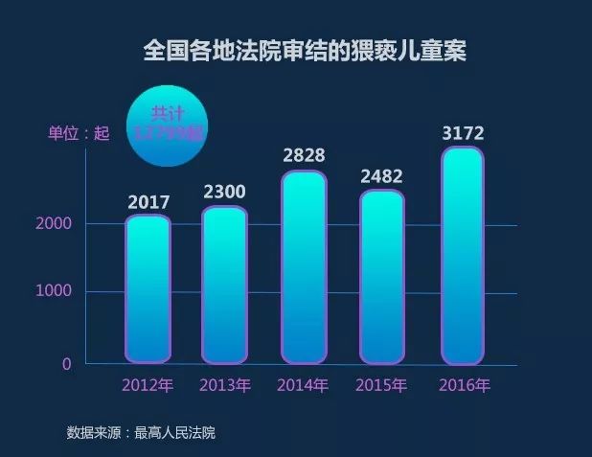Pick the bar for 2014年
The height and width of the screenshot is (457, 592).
[304, 267]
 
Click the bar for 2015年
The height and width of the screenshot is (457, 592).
[382, 277]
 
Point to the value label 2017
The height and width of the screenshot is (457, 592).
[148, 202]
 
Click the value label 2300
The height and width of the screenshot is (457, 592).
[225, 192]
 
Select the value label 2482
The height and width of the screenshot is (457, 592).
[381, 176]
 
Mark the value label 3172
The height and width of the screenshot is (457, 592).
[462, 130]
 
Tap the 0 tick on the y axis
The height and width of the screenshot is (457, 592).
[67, 363]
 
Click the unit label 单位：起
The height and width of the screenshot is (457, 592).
[80, 133]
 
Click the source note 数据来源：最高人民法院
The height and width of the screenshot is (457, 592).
[141, 432]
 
